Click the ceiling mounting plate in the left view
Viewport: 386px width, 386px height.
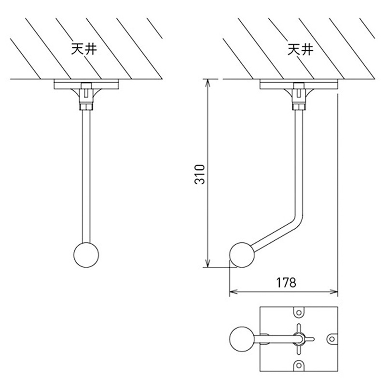pos(86,84)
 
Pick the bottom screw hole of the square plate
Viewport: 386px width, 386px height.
pos(299,364)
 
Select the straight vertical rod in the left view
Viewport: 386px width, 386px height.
pos(86,174)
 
